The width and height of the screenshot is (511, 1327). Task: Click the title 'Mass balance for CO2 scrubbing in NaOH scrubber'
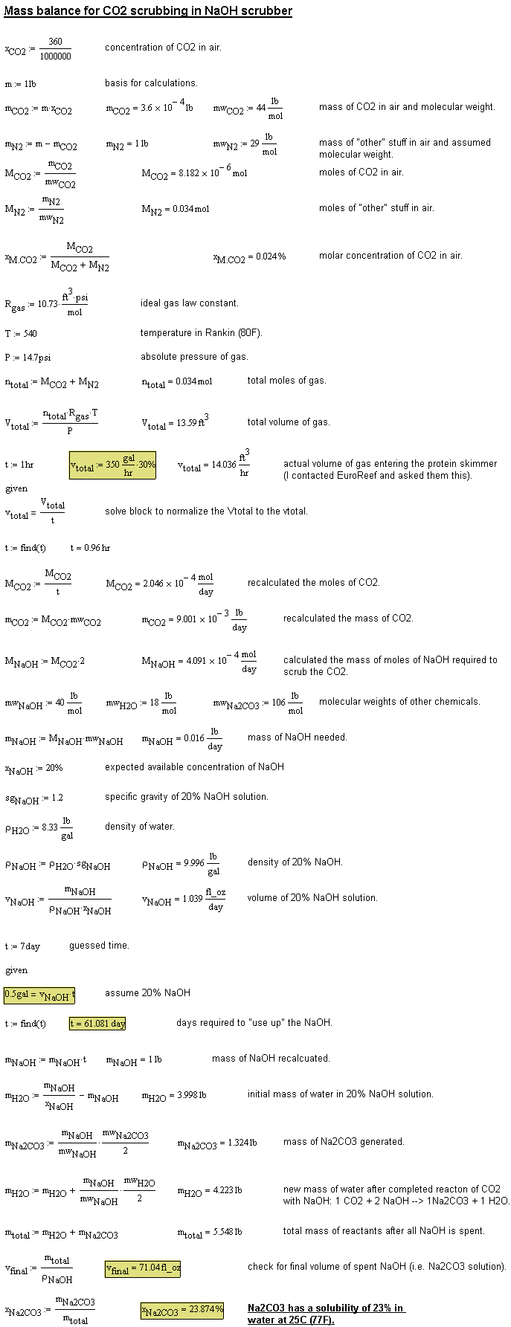click(x=148, y=11)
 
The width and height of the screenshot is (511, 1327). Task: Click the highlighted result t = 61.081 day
click(x=97, y=1023)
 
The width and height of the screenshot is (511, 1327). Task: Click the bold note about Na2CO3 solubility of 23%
click(x=326, y=1314)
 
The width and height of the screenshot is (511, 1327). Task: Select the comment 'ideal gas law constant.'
click(x=190, y=303)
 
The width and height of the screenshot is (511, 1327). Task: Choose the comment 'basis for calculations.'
click(x=151, y=83)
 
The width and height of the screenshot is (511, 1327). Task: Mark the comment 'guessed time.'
click(x=99, y=946)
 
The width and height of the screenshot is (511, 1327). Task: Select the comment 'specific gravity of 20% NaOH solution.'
click(x=186, y=797)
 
